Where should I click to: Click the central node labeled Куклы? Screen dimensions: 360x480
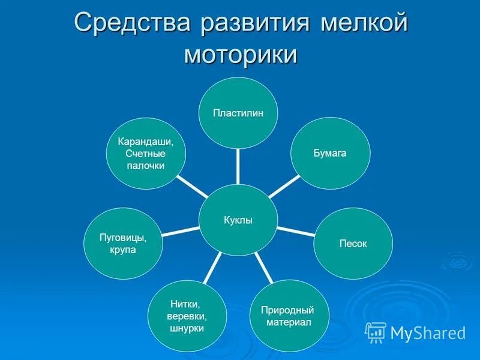[238, 220]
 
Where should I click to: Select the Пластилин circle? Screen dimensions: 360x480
[238, 113]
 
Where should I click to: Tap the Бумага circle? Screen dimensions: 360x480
[331, 153]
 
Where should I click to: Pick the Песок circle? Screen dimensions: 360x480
[353, 243]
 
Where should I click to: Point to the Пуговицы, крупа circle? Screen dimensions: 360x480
[123, 243]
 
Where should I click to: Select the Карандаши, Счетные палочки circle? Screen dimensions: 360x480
[145, 153]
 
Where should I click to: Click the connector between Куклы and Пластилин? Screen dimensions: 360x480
[238, 166]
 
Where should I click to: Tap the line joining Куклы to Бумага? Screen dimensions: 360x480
[284, 185]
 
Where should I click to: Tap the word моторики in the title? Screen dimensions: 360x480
[240, 55]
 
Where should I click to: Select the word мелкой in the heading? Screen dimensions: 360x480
[364, 25]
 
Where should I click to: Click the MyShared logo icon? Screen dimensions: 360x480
[376, 332]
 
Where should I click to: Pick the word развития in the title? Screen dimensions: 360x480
[254, 25]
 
